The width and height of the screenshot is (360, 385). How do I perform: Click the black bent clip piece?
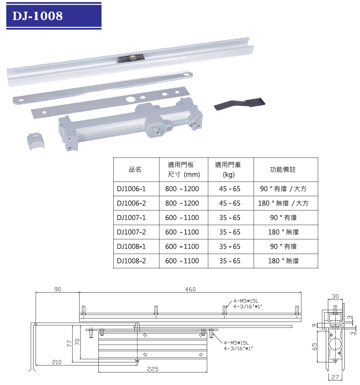pos(240,103)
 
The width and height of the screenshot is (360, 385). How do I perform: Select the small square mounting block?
pos(36,141)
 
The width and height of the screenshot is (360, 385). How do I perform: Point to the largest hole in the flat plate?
pos(129,99)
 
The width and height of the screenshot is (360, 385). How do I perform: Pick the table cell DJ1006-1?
pos(131,189)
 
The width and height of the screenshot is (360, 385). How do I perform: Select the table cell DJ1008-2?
pos(131,261)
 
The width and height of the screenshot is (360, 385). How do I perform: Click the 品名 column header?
pos(135,169)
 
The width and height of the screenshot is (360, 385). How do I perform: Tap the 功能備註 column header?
pos(283,169)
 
